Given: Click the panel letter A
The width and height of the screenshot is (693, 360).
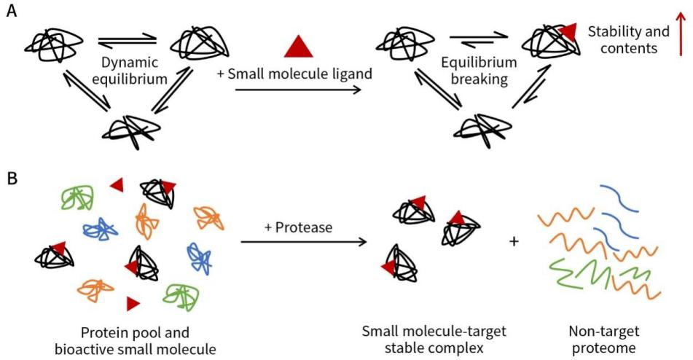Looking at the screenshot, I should click(x=12, y=13).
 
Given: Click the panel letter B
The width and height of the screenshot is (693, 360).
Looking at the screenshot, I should click(x=12, y=178).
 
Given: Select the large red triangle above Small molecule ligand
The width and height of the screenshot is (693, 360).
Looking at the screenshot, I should click(x=298, y=47).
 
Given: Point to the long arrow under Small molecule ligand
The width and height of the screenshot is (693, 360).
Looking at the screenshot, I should click(x=299, y=90).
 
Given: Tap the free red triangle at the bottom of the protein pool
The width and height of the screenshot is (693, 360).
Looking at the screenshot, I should click(x=133, y=302).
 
